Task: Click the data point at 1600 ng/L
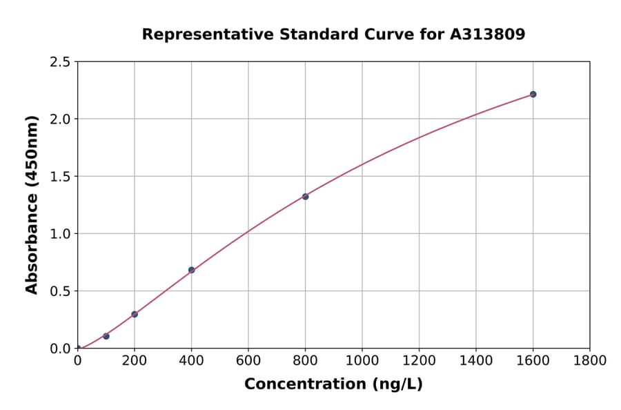click(x=533, y=94)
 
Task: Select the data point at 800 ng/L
click(x=305, y=196)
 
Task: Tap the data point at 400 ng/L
click(x=191, y=270)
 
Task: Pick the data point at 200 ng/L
click(x=135, y=314)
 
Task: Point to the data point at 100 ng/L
click(x=106, y=336)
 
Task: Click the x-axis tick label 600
click(x=248, y=360)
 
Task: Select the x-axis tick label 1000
click(x=362, y=360)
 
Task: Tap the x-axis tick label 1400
click(x=476, y=360)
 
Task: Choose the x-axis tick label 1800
click(x=590, y=360)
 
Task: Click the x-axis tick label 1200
click(x=419, y=360)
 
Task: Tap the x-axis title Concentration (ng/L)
click(x=333, y=384)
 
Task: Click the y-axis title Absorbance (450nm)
click(x=32, y=205)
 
